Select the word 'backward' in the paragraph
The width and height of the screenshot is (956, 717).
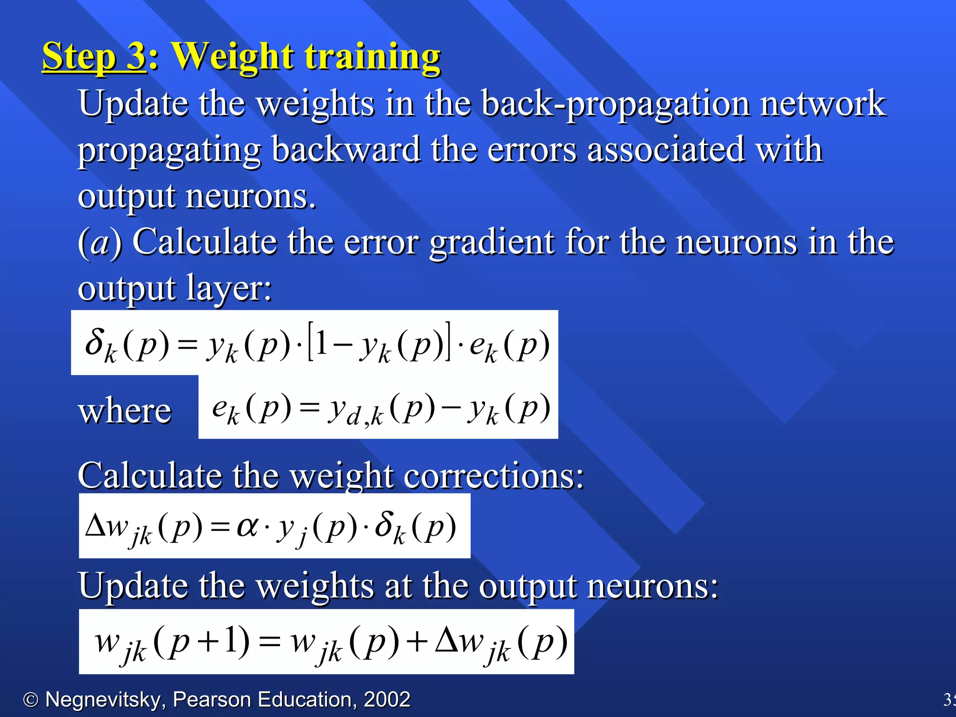pyautogui.click(x=345, y=150)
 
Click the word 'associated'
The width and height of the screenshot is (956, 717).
pyautogui.click(x=665, y=150)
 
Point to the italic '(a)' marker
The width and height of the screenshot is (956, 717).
pyautogui.click(x=99, y=243)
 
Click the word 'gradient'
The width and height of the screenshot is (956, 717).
pyautogui.click(x=492, y=243)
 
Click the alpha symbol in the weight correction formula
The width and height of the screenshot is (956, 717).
pyautogui.click(x=247, y=526)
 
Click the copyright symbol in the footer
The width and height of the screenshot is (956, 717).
pyautogui.click(x=31, y=700)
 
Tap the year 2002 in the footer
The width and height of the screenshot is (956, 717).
pyautogui.click(x=387, y=700)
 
